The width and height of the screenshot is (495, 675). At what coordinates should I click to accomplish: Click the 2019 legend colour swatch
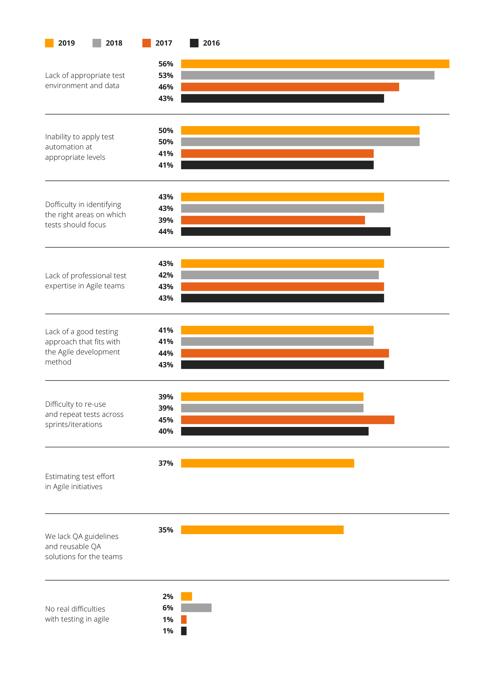pyautogui.click(x=49, y=43)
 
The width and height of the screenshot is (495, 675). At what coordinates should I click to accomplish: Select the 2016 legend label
pyautogui.click(x=211, y=43)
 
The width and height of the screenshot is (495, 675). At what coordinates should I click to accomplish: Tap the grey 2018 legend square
pyautogui.click(x=96, y=43)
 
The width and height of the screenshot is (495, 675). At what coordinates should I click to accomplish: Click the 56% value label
pyautogui.click(x=165, y=64)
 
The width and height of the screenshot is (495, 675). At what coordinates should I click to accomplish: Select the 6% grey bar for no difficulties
pyautogui.click(x=196, y=607)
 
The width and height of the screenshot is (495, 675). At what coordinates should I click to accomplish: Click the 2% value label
pyautogui.click(x=168, y=596)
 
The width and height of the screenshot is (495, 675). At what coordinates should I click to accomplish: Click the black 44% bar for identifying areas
pyautogui.click(x=285, y=231)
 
